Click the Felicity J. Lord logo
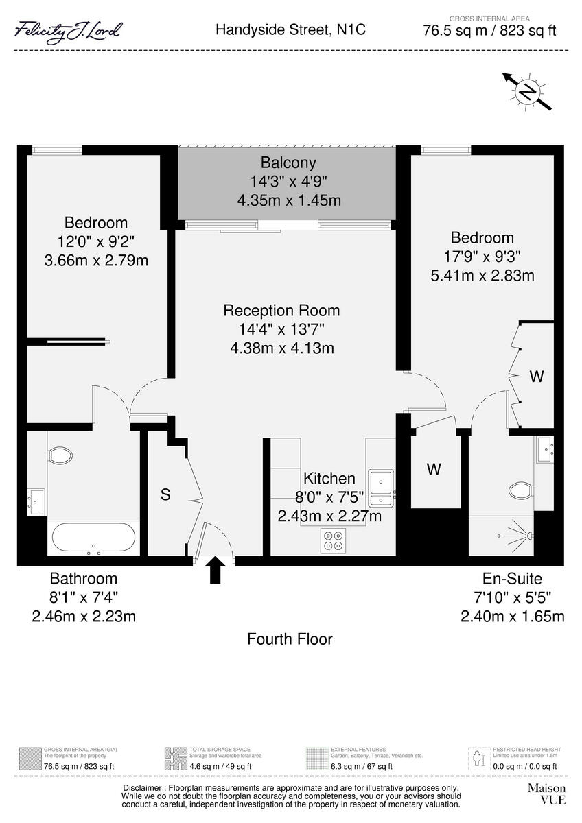69,31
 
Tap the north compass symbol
526,91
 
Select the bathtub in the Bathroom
94,538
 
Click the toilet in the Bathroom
60,455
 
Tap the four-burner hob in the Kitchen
334,541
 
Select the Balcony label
288,163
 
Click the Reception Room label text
281,311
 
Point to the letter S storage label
165,494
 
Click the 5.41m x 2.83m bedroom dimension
482,275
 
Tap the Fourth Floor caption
290,640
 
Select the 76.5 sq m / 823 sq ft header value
490,30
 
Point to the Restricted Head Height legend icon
478,759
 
